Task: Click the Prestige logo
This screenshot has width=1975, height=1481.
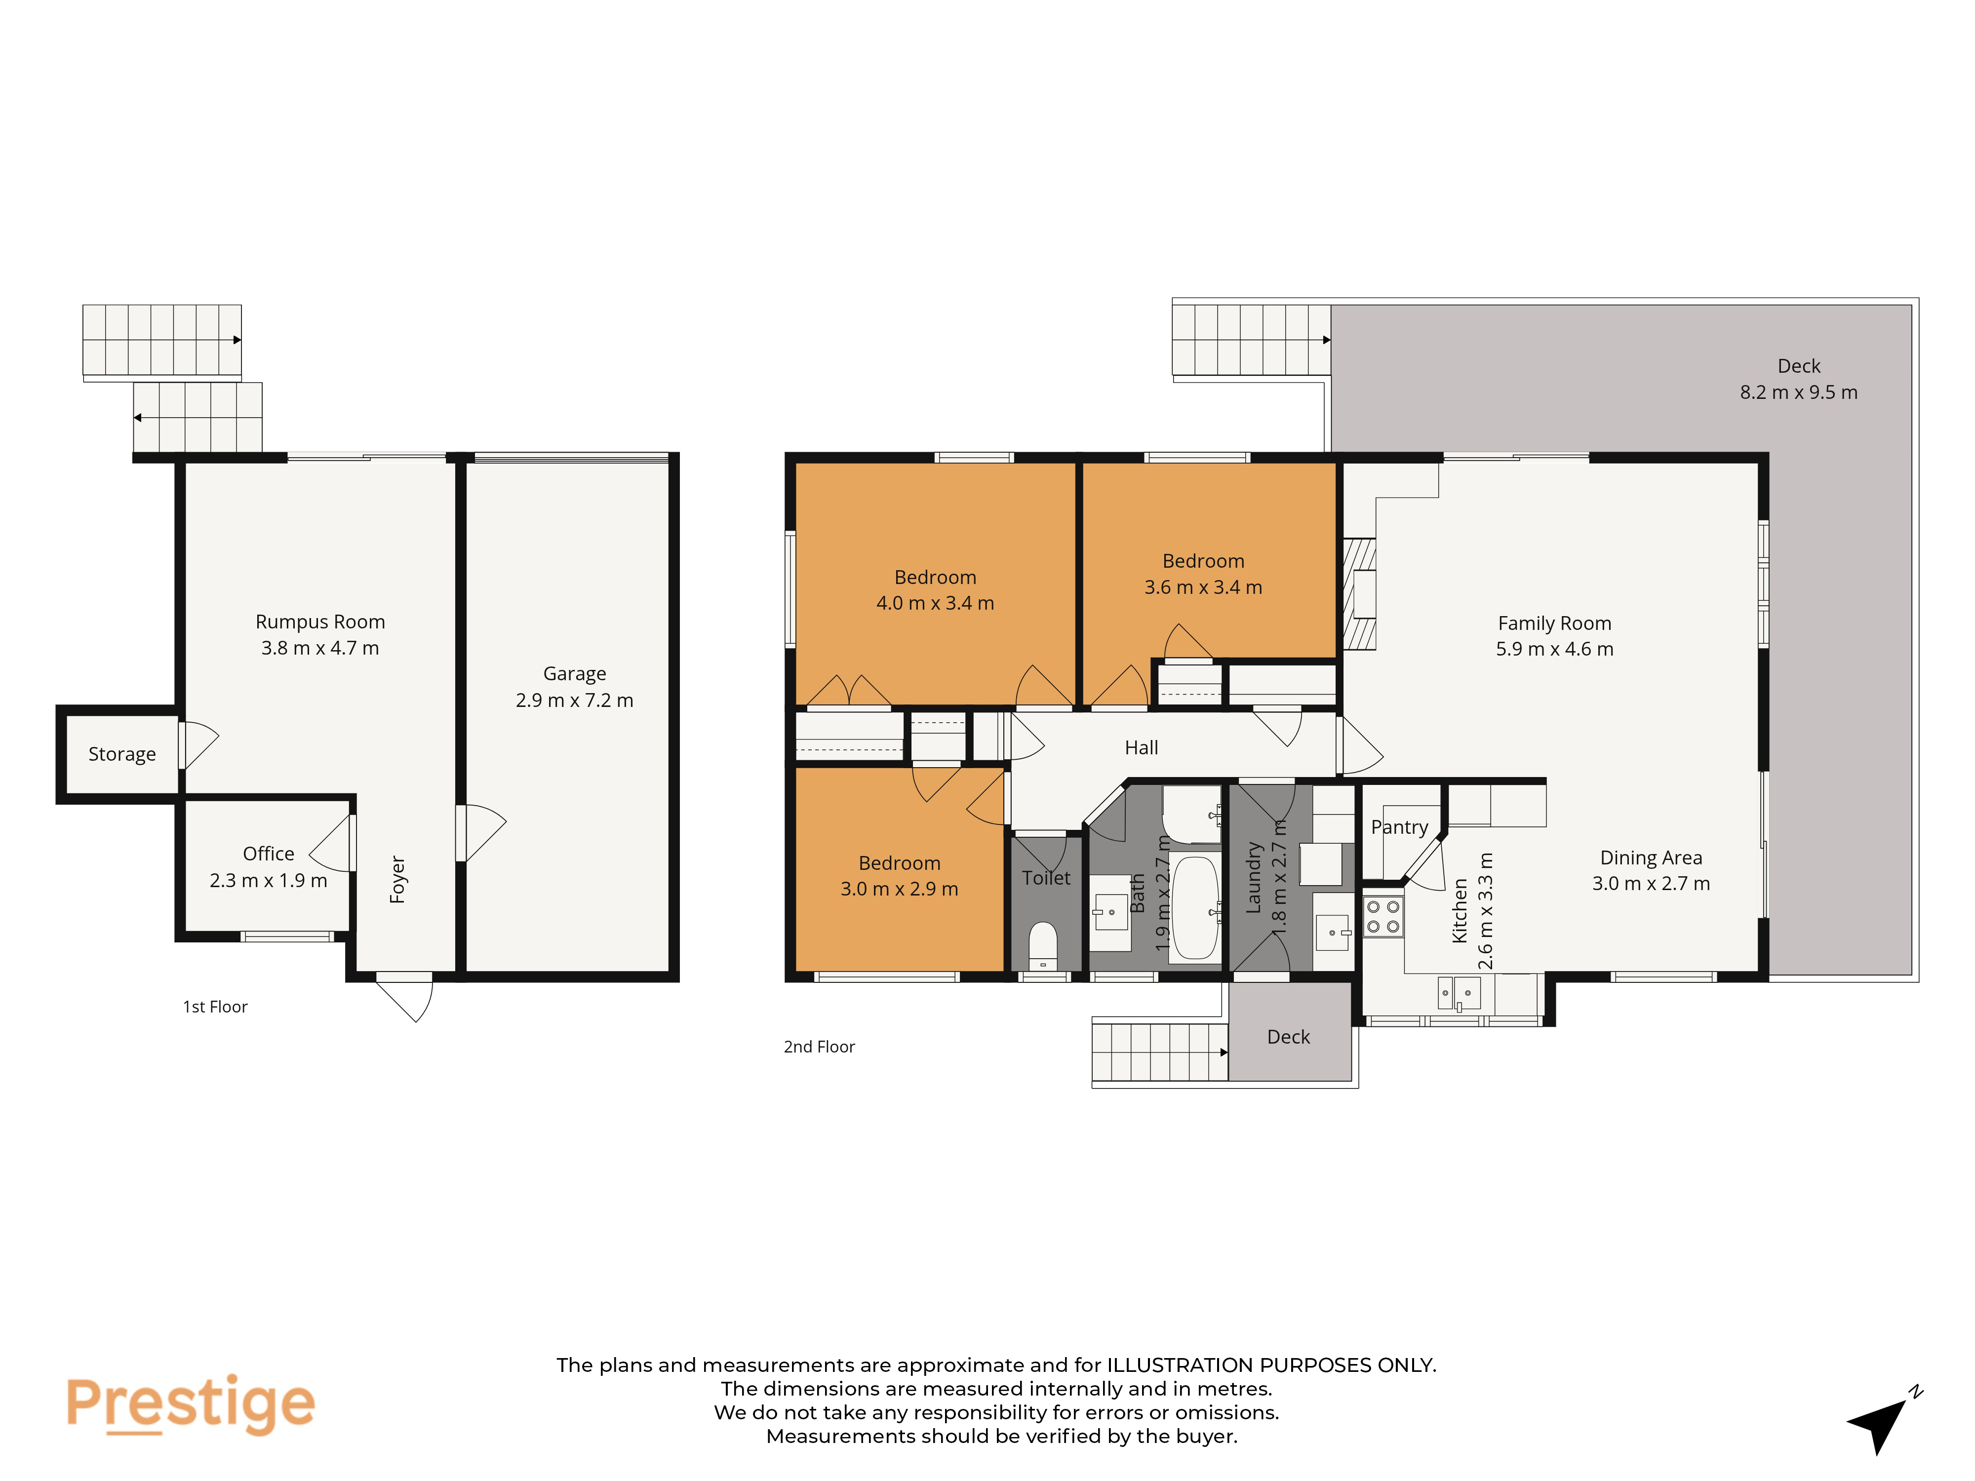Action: [x=190, y=1404]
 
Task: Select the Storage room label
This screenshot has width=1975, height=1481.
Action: [x=122, y=754]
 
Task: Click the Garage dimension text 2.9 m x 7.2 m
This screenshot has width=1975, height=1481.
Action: [x=574, y=700]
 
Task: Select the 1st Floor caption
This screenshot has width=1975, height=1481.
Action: [x=215, y=1007]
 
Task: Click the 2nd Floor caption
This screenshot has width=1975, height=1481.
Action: [x=819, y=1046]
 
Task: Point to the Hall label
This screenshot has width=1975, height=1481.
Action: [x=1141, y=748]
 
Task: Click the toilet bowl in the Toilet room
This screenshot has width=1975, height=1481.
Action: [x=1043, y=944]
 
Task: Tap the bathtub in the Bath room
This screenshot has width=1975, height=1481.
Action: [x=1195, y=908]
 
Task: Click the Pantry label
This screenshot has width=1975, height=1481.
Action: [x=1399, y=827]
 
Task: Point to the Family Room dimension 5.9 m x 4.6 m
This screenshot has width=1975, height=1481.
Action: [x=1554, y=649]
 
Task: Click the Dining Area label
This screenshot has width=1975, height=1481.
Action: [x=1651, y=858]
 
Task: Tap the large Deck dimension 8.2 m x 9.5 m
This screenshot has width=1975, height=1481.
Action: [x=1798, y=392]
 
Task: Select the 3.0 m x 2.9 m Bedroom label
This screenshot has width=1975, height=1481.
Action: [x=899, y=876]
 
